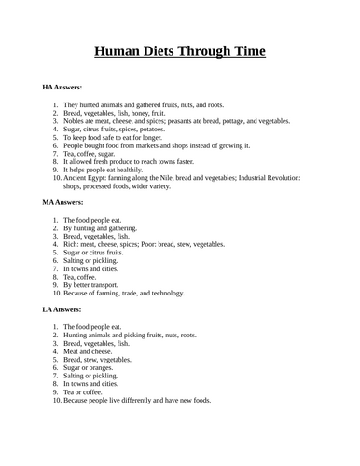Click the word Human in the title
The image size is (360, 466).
click(x=119, y=52)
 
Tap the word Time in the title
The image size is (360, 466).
click(x=246, y=52)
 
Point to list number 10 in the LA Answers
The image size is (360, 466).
click(x=54, y=401)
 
